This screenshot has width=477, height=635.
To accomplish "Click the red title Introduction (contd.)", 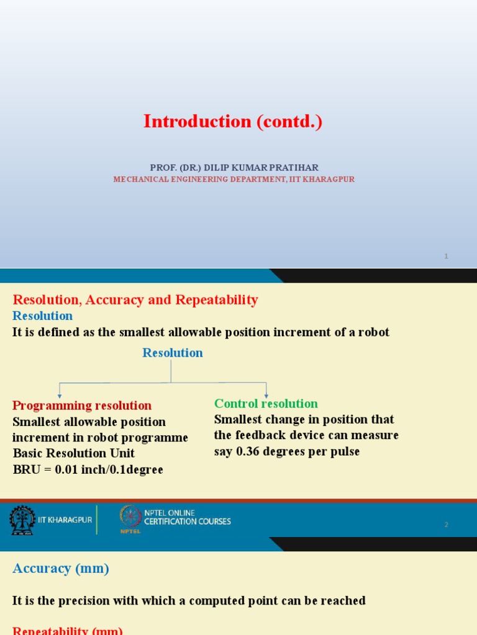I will (x=233, y=122).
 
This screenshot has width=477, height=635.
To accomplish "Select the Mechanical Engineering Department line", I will (x=234, y=179).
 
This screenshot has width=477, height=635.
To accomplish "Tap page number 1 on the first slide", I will (x=446, y=257).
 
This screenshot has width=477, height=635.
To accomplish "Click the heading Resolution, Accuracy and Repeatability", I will (x=135, y=300).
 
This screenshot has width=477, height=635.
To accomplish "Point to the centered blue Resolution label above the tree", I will (x=173, y=353).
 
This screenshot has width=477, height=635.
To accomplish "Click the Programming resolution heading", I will (x=82, y=406).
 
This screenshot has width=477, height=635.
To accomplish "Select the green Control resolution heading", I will (x=266, y=404).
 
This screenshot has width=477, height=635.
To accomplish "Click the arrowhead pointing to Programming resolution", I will (x=60, y=395).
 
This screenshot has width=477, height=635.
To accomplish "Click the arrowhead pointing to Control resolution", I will (x=266, y=394).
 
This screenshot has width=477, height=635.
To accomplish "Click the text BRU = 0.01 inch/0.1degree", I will (x=88, y=469).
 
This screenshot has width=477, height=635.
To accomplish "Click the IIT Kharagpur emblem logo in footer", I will (x=22, y=520).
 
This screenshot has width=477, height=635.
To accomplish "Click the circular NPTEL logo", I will (x=130, y=516).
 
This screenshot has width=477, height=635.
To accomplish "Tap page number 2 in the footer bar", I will (x=446, y=525).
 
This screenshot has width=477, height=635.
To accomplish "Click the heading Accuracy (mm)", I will (x=61, y=569).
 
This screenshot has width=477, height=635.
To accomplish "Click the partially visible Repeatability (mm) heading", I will (x=68, y=630).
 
